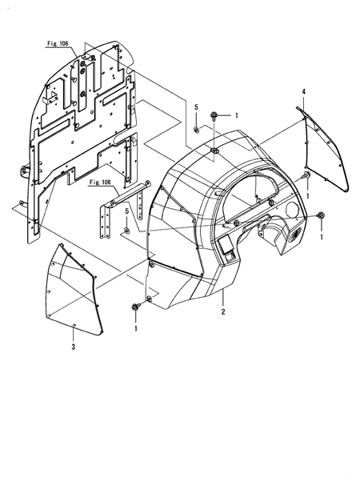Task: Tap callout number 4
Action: click(304, 93)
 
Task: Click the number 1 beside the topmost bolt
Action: click(236, 117)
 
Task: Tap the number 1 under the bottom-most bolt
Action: click(136, 328)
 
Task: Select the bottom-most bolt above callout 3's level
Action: click(134, 307)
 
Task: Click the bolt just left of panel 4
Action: click(307, 177)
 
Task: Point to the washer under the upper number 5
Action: click(196, 128)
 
